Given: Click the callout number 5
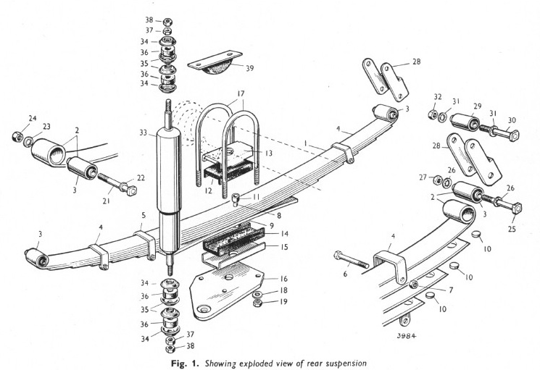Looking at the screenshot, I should click(144, 216).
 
